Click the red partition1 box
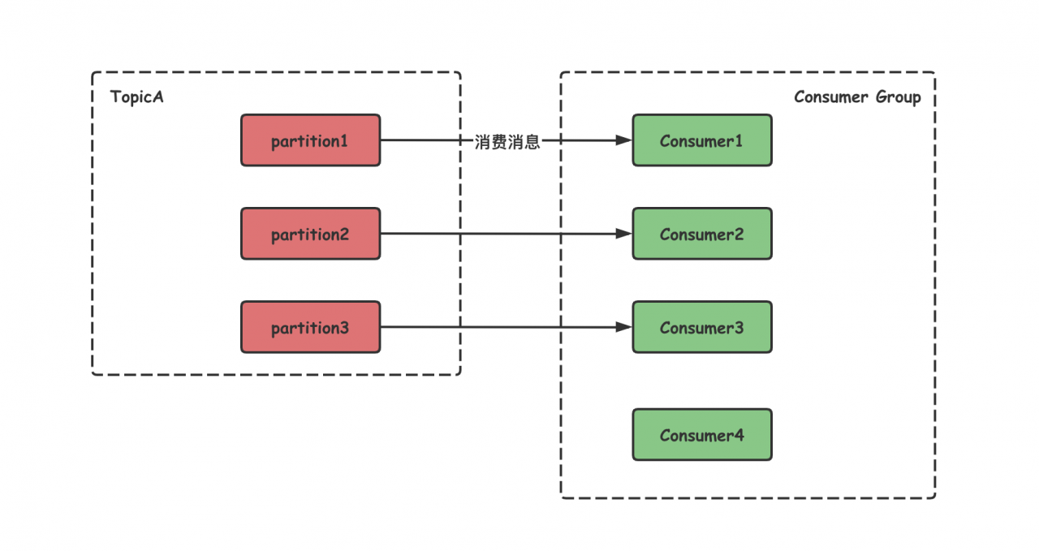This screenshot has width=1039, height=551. click(310, 140)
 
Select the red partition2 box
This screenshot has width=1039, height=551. click(310, 233)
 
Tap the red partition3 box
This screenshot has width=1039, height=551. click(310, 327)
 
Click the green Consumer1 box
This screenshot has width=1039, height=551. click(702, 140)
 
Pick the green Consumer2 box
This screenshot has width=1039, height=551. click(702, 233)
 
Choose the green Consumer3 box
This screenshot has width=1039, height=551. click(702, 327)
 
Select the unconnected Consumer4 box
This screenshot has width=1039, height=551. click(702, 435)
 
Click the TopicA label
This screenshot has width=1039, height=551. click(137, 97)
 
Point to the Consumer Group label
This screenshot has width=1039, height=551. click(857, 97)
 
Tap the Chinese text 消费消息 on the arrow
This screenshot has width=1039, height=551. click(507, 141)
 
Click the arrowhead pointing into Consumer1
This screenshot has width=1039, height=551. click(624, 140)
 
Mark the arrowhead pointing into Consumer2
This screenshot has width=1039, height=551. click(624, 233)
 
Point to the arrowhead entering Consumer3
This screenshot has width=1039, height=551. click(624, 327)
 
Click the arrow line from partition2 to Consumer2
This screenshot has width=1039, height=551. click(506, 233)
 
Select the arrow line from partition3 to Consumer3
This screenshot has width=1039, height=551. click(506, 327)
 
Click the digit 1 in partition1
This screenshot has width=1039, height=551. click(343, 140)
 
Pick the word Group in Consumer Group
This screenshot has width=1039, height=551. click(898, 97)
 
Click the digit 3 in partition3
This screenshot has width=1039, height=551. click(343, 328)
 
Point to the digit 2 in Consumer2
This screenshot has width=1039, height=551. click(738, 235)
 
